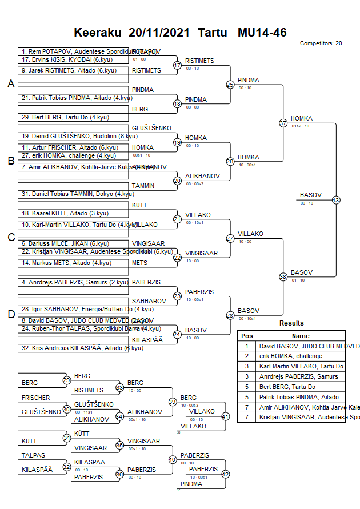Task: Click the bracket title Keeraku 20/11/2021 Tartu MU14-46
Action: click(180, 33)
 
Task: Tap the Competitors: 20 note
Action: click(321, 43)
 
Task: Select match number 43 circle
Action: click(336, 200)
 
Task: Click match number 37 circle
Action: click(283, 123)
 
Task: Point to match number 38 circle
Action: click(283, 276)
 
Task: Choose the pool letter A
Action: click(10, 84)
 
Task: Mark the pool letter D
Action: click(10, 314)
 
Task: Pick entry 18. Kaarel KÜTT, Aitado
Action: click(65, 213)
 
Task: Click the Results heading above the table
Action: click(291, 323)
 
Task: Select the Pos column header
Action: click(247, 336)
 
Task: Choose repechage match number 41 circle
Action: click(225, 416)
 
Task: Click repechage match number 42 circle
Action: click(225, 474)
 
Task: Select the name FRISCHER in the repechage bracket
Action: click(36, 398)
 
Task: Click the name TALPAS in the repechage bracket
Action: click(33, 456)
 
